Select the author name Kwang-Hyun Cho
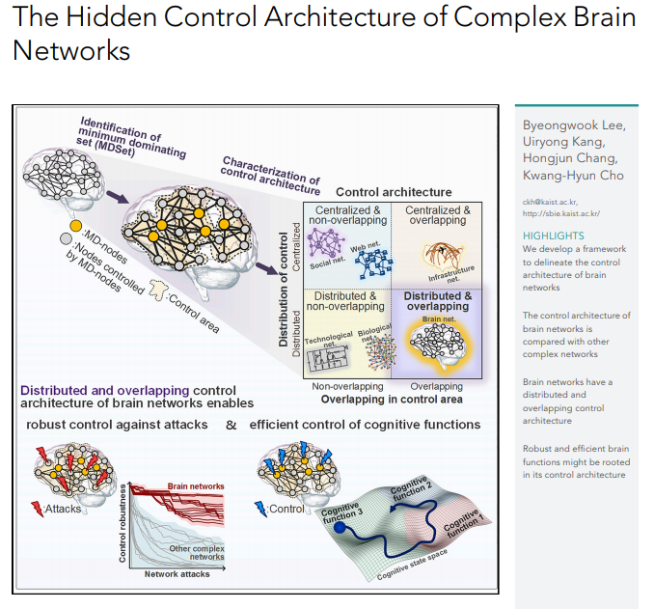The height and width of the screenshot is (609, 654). [x=574, y=175]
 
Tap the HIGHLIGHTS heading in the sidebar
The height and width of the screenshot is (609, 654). [x=554, y=235]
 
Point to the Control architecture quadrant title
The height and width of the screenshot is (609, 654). [x=394, y=192]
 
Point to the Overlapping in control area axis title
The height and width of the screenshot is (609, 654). [x=392, y=399]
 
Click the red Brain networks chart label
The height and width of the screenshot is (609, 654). [x=196, y=486]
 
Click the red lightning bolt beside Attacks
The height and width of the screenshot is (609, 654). [x=37, y=507]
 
